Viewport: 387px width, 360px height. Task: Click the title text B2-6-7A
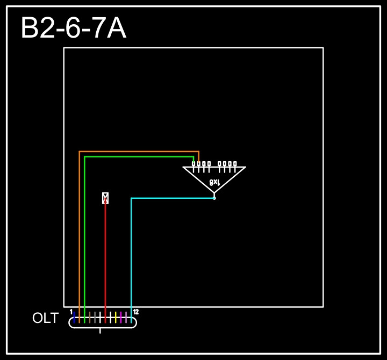pos(73,28)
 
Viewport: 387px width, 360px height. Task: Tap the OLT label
pos(45,318)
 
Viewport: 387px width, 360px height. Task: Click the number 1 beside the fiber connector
pos(71,312)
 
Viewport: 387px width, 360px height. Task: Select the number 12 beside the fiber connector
pos(136,312)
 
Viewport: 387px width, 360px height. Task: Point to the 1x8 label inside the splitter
pos(214,182)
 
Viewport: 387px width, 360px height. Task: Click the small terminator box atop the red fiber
pos(105,198)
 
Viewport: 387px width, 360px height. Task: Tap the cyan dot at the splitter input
pos(214,198)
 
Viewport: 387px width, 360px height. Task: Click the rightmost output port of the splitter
pos(235,163)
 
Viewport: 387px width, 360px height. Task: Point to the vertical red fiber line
pos(105,258)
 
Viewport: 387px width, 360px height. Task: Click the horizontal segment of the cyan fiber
pos(172,198)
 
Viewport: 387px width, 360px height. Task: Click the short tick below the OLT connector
pos(101,330)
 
